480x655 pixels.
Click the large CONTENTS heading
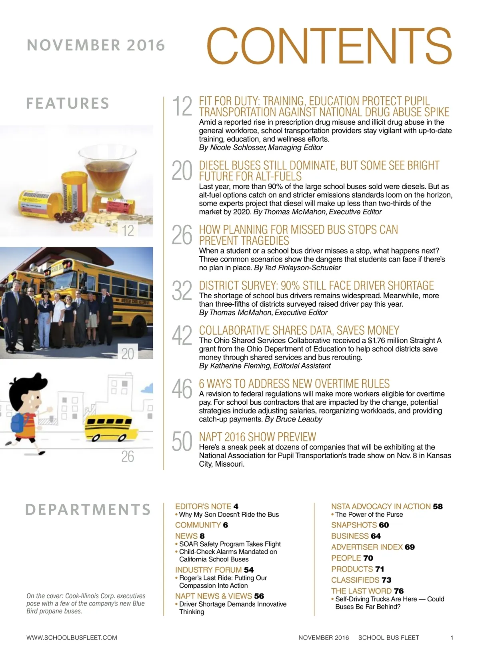(x=329, y=46)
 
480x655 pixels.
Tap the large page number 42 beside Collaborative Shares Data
(x=182, y=335)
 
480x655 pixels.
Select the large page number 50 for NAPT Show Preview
(x=182, y=441)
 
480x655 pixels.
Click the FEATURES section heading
(x=68, y=103)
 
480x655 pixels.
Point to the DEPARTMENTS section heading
(x=88, y=509)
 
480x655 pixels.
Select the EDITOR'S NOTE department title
(x=203, y=507)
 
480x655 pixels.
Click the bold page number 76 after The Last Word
(x=399, y=591)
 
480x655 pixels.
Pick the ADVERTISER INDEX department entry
(x=367, y=547)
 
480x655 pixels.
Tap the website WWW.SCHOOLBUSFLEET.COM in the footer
(x=72, y=638)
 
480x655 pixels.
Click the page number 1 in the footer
(x=452, y=638)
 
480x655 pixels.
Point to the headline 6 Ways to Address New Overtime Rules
(x=294, y=383)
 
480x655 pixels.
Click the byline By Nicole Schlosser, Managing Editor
(x=261, y=148)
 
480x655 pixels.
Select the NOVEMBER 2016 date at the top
(x=96, y=45)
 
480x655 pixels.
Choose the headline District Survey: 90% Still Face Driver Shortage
(x=316, y=285)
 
